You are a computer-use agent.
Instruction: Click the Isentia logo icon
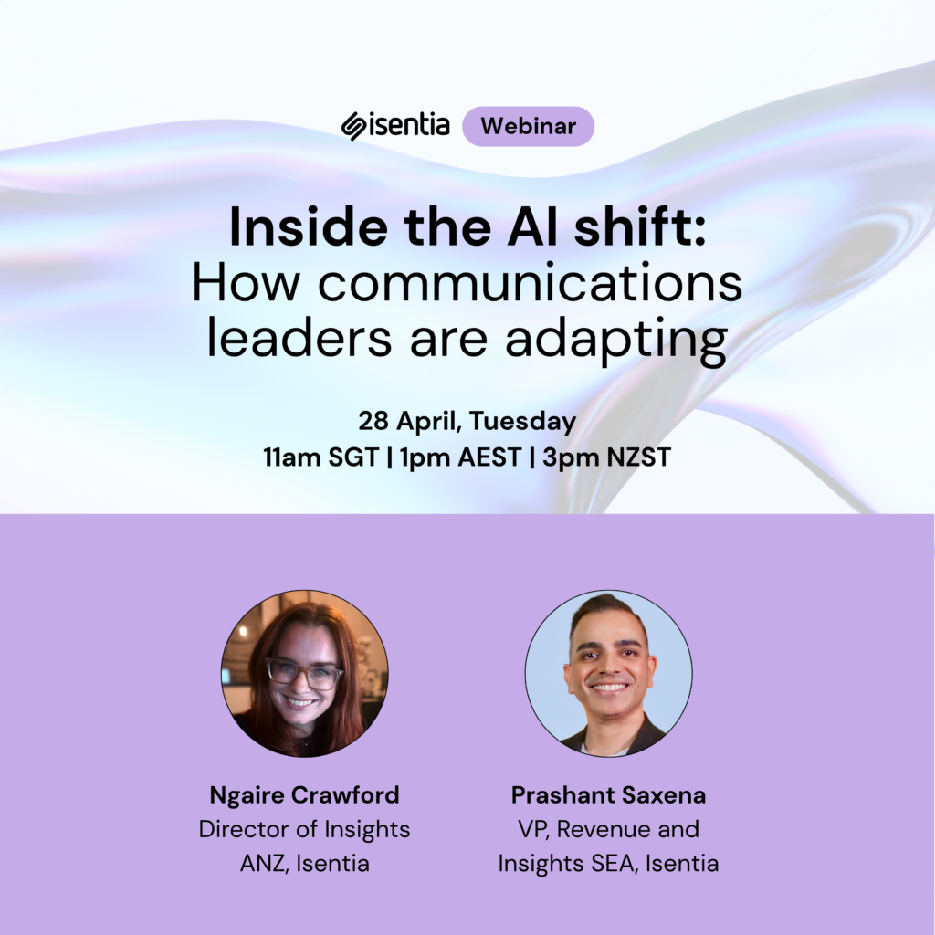[354, 126]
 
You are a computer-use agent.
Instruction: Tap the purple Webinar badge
[528, 127]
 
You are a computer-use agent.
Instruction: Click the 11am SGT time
[320, 457]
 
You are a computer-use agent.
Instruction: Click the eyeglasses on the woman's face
[305, 674]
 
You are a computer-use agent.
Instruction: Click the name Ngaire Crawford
[304, 795]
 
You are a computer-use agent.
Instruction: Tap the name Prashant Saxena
[608, 795]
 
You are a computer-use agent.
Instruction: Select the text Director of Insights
[304, 829]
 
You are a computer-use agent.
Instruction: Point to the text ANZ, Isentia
[304, 863]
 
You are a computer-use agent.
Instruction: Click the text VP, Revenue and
[608, 829]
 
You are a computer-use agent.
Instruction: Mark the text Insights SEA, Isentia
[608, 863]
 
